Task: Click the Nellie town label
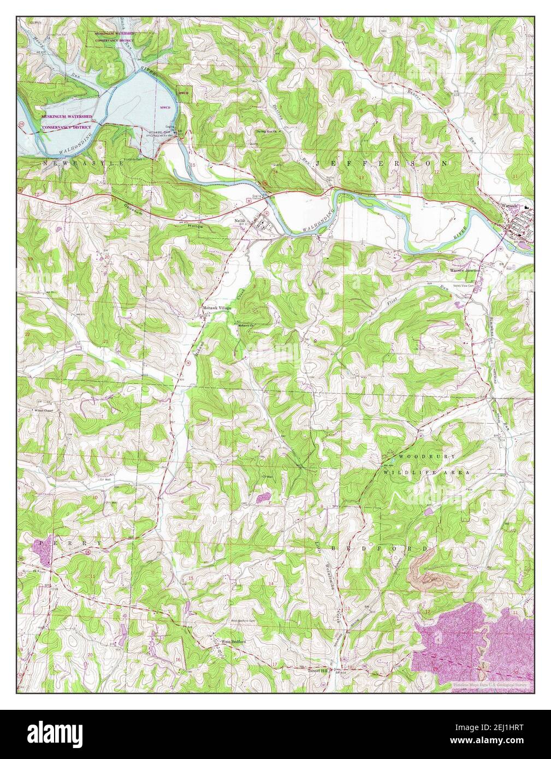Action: coord(239,221)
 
